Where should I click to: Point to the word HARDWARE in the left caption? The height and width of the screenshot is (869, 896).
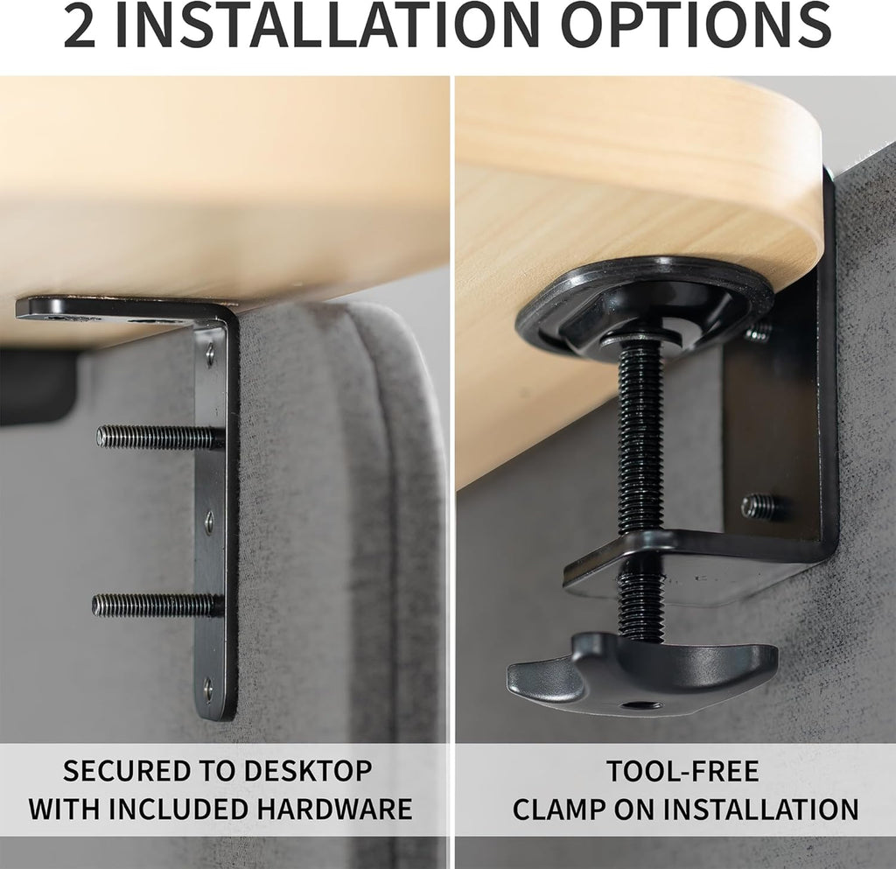(x=333, y=809)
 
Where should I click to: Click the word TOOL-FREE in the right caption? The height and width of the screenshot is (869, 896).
(x=682, y=771)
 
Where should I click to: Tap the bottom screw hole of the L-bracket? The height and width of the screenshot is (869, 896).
(x=208, y=687)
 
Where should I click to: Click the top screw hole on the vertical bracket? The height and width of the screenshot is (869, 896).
(x=210, y=354)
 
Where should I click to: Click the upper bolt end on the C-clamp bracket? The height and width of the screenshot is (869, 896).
(x=758, y=332)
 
